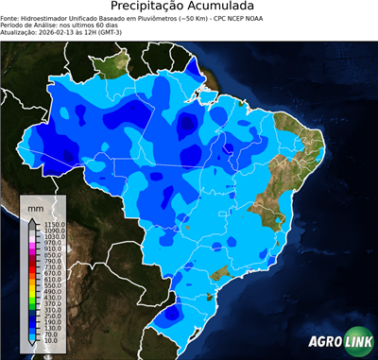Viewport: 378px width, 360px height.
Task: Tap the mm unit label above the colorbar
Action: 35,207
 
